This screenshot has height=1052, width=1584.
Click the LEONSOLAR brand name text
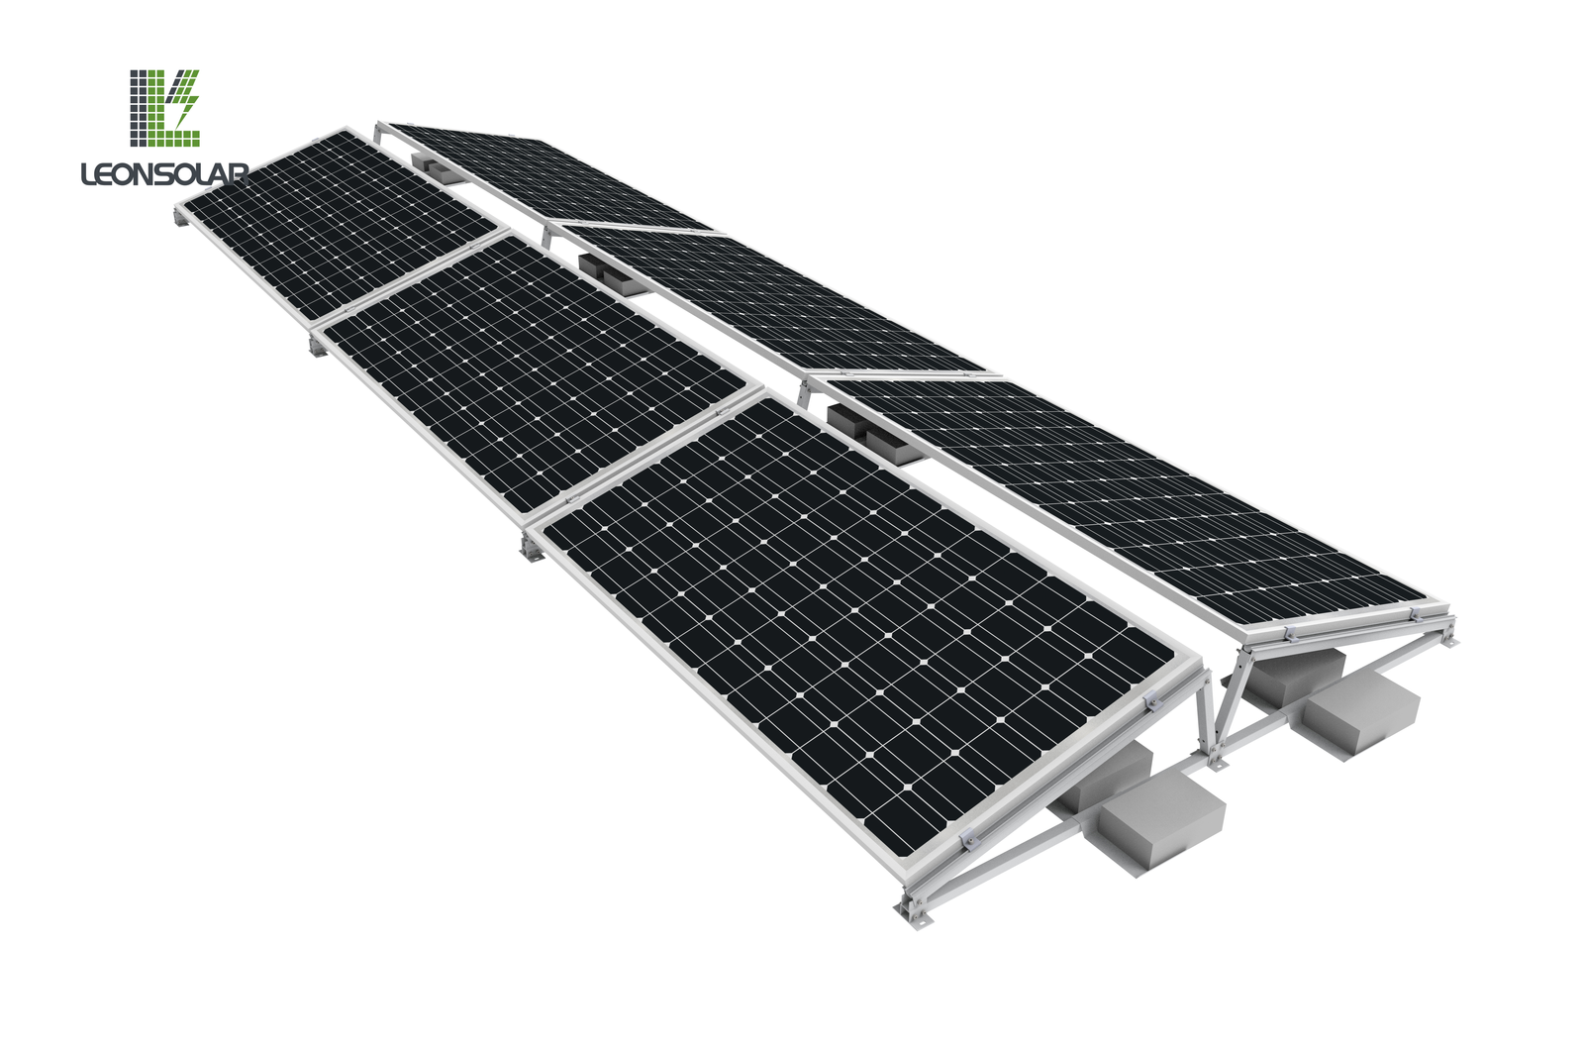(164, 174)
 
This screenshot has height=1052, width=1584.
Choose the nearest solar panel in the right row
(1129, 495)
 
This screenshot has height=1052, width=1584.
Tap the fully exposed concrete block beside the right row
(1361, 707)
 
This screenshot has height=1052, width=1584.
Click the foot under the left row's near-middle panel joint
(533, 551)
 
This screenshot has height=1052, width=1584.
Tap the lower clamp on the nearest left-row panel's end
(970, 841)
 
